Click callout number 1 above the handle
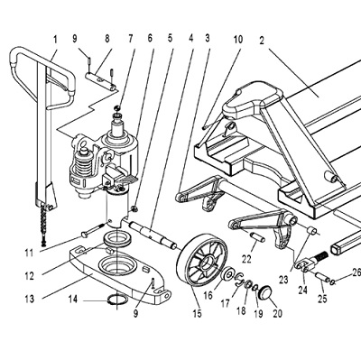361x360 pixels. tap(55, 39)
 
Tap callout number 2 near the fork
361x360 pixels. tap(262, 41)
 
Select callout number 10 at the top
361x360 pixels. tap(238, 40)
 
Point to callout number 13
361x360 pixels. tap(29, 300)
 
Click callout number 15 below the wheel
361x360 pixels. tap(197, 314)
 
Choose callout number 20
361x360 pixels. tap(277, 314)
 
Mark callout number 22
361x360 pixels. tap(246, 259)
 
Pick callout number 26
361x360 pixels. tap(356, 273)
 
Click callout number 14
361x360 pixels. tap(73, 300)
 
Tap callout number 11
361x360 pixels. tap(29, 254)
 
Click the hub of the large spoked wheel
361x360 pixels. tap(206, 263)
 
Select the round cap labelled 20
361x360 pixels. tap(265, 292)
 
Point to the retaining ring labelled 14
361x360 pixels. tap(118, 300)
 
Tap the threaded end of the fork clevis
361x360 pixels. tap(320, 257)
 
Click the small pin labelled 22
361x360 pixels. tap(257, 236)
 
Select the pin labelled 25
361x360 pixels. tap(322, 277)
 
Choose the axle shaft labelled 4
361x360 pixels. tap(153, 235)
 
